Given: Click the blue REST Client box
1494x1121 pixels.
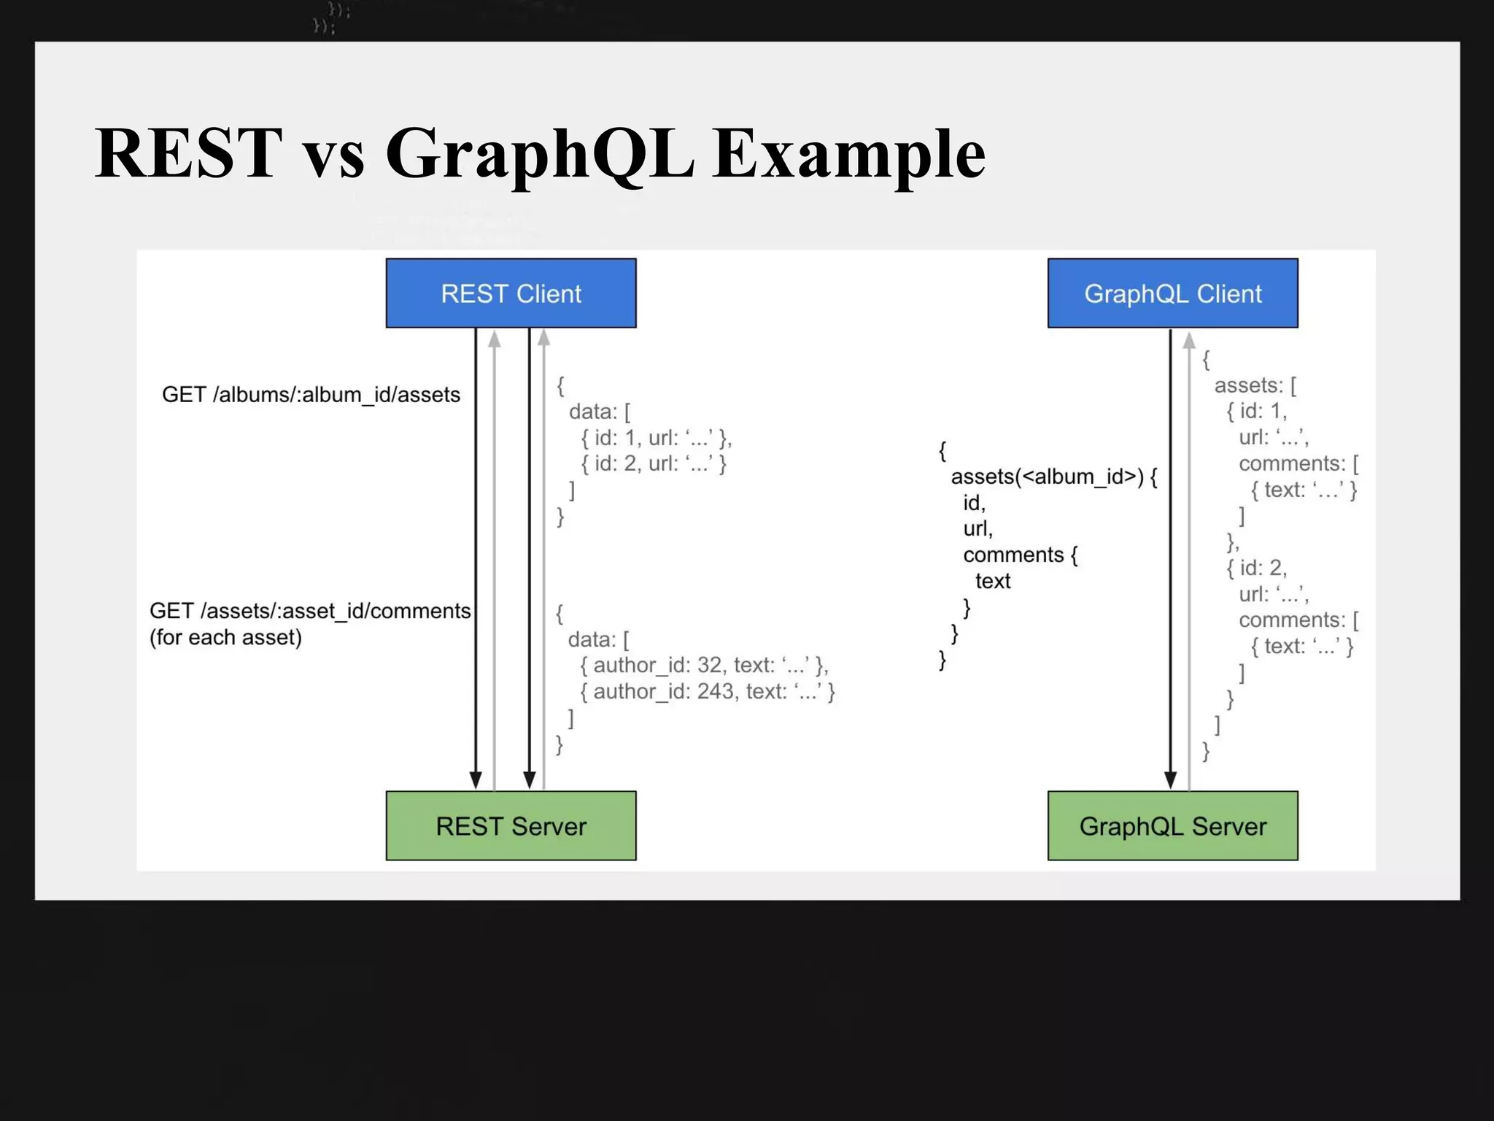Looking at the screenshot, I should [x=511, y=293].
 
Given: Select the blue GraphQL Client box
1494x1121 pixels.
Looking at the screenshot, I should [x=1172, y=293].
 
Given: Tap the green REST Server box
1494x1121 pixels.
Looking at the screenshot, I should [x=511, y=825].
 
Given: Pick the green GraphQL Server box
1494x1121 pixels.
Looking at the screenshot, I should [x=1172, y=825].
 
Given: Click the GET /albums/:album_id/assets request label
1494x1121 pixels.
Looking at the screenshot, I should [x=311, y=395].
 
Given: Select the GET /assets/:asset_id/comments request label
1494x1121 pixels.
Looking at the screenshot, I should [x=310, y=611].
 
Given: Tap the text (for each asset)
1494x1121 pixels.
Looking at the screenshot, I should [x=225, y=637].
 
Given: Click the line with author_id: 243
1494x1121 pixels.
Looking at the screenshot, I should [x=707, y=691].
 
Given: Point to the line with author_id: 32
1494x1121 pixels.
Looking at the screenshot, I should [x=704, y=665].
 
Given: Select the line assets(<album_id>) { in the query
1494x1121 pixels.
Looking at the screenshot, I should [x=1053, y=477].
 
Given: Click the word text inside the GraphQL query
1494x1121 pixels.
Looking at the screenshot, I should [x=993, y=581].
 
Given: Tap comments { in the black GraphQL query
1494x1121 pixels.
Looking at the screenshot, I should [x=1020, y=555].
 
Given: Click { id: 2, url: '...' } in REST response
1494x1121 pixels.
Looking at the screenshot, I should [x=654, y=463].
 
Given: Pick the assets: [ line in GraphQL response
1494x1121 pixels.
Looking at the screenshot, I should [x=1255, y=385].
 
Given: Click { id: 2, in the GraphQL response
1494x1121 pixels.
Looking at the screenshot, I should [x=1256, y=568].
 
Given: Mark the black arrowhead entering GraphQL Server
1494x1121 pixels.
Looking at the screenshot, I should [x=1170, y=779].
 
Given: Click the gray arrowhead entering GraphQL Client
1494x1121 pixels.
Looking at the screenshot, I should [x=1189, y=340].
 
